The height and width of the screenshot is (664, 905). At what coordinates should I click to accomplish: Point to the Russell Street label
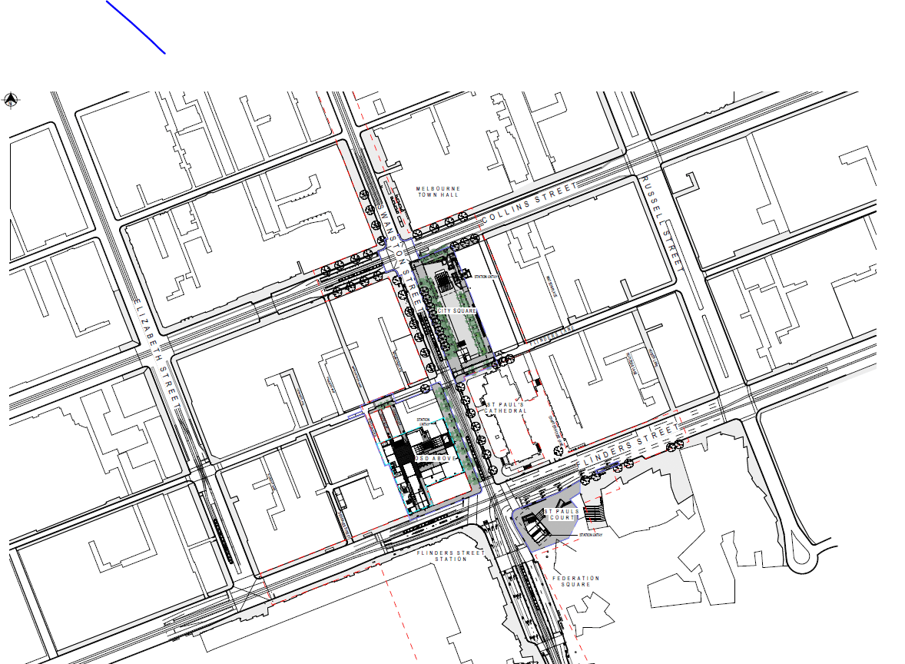[x=662, y=223]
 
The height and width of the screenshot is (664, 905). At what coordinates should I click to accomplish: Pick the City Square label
[x=457, y=310]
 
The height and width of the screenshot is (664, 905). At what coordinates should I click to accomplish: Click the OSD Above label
[x=436, y=458]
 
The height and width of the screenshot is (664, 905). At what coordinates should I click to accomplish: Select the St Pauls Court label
[x=559, y=514]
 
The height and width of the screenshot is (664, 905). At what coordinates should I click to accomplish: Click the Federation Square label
[x=575, y=581]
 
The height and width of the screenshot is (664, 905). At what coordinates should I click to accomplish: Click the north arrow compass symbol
[x=12, y=99]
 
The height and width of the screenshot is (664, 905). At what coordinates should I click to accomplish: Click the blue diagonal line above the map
[x=136, y=27]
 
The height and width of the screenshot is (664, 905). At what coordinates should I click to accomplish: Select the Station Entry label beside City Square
[x=487, y=277]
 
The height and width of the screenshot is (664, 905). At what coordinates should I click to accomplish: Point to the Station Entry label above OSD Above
[x=423, y=421]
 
